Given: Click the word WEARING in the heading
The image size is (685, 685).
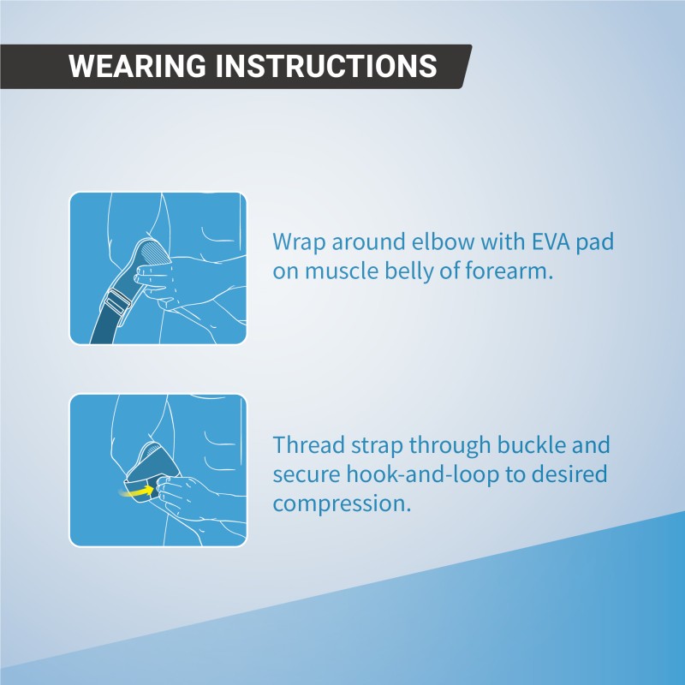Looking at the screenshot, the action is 137,66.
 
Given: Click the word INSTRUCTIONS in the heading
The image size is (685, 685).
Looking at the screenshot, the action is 326,66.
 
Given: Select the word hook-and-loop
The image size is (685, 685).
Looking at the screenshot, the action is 422,475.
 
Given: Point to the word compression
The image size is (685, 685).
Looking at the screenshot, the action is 342,504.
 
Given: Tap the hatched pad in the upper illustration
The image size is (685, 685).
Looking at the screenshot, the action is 157,252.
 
